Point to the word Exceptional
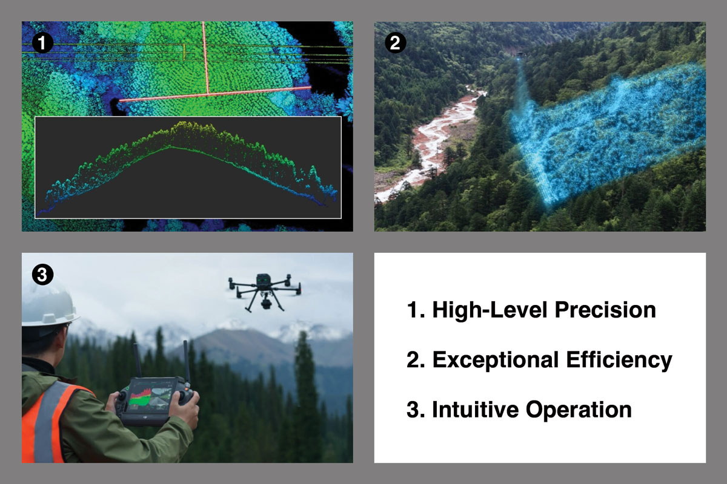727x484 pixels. [x=486, y=360]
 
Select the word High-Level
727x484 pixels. [x=472, y=310]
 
